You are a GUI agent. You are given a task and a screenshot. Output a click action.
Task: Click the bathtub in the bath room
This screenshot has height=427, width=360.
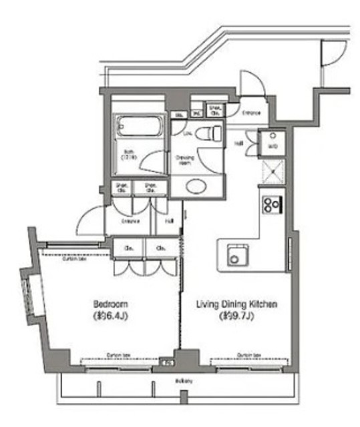(140, 125)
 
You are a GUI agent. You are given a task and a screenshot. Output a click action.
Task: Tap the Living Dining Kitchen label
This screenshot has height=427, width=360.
(236, 304)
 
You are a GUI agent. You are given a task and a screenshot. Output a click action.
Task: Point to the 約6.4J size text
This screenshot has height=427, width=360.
(111, 316)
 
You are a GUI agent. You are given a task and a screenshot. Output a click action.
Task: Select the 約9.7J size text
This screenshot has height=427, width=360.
(236, 316)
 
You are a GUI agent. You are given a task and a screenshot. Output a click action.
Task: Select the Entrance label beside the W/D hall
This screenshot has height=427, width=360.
(251, 113)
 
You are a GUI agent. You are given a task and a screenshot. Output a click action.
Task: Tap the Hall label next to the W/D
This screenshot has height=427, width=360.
(238, 143)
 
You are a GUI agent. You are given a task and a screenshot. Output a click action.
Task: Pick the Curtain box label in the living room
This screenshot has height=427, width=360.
(248, 355)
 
